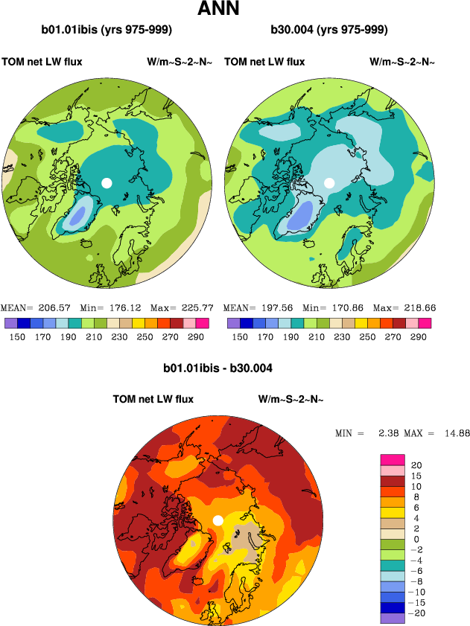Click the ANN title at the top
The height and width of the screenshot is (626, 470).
point(218,10)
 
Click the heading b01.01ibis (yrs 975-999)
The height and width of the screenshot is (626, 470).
point(107,31)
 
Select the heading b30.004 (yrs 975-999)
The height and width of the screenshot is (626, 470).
point(330,31)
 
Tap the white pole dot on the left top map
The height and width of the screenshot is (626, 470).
point(107,182)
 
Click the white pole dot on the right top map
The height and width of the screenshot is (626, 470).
point(329,182)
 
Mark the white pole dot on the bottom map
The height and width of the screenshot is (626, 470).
point(217,520)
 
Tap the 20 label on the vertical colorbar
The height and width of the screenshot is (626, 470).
point(416,464)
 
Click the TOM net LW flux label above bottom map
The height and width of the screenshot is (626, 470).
point(153,400)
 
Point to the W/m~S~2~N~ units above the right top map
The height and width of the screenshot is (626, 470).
point(402,62)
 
